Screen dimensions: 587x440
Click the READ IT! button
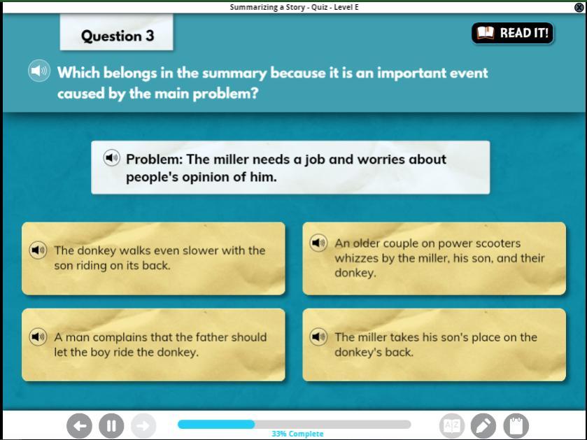coord(513,33)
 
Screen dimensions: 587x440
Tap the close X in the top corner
coord(579,7)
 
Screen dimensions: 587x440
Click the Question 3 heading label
coord(117,36)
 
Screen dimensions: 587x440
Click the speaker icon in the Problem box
coord(111,158)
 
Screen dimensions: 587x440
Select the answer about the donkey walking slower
coord(153,259)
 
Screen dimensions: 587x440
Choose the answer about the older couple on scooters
coord(434,259)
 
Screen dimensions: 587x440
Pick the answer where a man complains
coord(153,345)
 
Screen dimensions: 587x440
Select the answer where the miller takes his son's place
coord(434,345)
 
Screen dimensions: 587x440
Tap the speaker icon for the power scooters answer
coord(318,243)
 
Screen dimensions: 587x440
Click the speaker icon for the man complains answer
coord(38,336)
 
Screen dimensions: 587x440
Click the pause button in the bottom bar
coord(111,426)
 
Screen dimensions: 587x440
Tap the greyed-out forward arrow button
coord(143,426)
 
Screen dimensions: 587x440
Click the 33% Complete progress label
coord(297,434)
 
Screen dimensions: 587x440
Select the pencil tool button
coord(483,426)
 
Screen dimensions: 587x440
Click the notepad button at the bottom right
coord(516,426)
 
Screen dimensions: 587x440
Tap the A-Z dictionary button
coord(452,426)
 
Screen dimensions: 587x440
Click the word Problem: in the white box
coord(154,159)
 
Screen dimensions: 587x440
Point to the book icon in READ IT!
coord(486,33)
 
